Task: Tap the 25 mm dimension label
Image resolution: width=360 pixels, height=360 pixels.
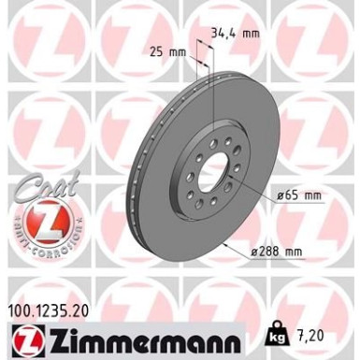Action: click(166, 52)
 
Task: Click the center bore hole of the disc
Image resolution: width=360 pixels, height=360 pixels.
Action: click(215, 175)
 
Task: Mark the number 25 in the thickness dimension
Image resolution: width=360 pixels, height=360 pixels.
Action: click(156, 52)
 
